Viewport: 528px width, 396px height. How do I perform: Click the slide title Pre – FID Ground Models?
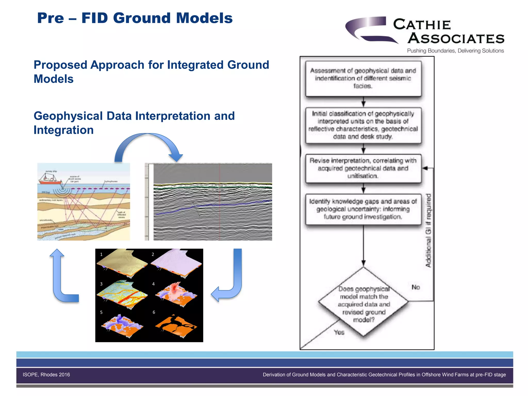pos(135,18)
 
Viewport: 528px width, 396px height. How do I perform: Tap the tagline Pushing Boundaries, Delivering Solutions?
pos(455,51)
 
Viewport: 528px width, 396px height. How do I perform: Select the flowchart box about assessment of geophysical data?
pos(363,78)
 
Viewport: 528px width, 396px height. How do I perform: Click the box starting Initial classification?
pos(363,125)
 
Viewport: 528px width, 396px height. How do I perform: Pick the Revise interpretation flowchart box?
pos(363,168)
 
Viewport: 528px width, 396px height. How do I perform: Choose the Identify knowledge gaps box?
pos(363,209)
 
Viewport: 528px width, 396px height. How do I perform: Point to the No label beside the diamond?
pos(416,287)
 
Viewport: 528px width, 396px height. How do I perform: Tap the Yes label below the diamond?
pos(339,332)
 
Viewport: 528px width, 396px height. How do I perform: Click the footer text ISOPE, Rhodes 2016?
pos(46,375)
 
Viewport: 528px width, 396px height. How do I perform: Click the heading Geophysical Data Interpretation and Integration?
pos(134,123)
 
